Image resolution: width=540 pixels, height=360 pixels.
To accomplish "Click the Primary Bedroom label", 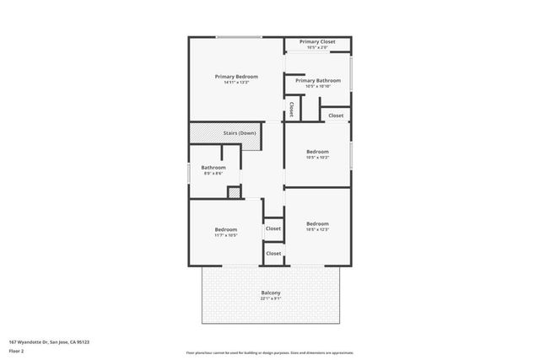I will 235,76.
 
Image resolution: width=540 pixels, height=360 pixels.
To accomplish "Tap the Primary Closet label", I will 316,41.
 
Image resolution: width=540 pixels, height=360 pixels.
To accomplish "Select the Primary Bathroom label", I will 317,80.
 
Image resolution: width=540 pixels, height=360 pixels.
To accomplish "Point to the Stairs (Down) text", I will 239,132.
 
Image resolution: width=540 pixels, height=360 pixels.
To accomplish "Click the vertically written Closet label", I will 292,109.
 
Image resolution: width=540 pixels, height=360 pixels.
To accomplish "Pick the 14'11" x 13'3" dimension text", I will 235,83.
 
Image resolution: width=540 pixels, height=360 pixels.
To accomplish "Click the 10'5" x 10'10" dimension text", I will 317,86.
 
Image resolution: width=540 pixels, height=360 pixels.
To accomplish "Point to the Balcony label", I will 270,292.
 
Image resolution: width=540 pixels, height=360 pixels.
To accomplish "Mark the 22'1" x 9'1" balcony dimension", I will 270,298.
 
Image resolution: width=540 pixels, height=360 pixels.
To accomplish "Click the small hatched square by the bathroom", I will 234,192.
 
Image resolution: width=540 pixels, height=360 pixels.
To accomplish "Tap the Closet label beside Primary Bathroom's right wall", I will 336,115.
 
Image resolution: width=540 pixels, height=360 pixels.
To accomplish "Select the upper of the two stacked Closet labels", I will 273,228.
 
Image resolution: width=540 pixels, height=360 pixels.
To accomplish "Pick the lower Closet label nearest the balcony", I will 273,253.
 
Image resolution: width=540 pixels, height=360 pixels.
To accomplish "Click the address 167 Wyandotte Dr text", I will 49,342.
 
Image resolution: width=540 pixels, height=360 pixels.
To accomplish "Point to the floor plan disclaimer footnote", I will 270,352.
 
